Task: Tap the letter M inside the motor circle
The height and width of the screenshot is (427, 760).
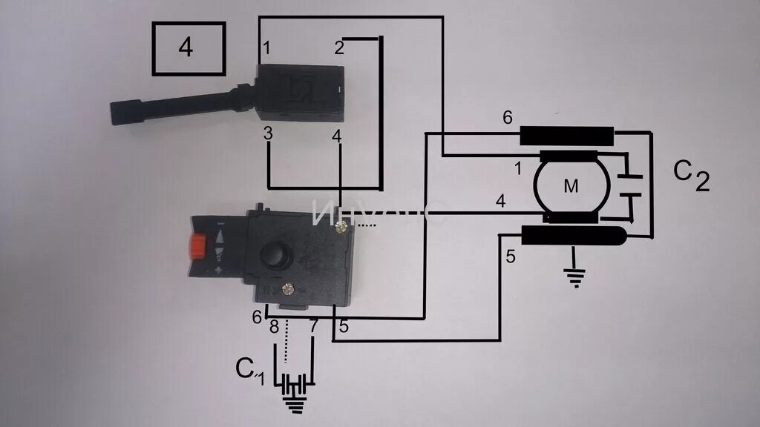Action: click(571, 188)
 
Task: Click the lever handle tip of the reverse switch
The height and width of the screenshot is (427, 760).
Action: click(122, 112)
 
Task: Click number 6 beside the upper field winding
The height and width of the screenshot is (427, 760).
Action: click(507, 116)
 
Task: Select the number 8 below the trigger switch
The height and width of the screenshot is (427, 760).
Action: click(274, 326)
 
